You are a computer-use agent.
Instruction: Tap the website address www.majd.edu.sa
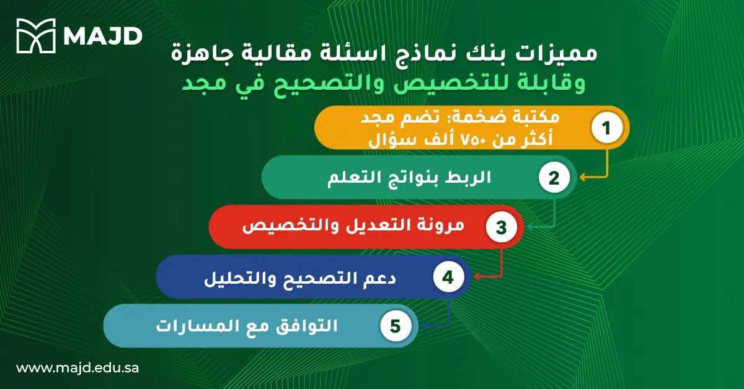pos(77,367)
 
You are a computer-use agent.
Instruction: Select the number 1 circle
pos(607,128)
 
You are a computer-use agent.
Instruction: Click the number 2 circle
pos(554,178)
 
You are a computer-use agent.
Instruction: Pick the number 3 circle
pos(501,227)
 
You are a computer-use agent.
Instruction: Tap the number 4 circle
pos(448,277)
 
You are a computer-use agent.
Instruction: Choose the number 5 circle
pos(396,326)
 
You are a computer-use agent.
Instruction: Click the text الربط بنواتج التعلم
pos(409,178)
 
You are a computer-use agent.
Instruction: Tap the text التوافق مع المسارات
pos(247,326)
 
